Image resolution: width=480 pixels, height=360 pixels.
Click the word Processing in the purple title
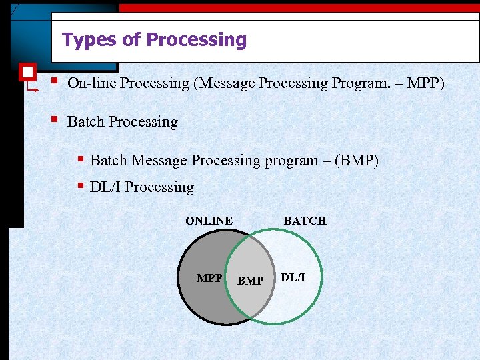[197, 41]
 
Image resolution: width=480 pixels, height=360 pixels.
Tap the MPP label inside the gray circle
[209, 278]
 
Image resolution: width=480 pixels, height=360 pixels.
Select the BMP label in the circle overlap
[250, 281]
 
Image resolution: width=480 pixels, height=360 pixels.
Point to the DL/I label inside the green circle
[293, 277]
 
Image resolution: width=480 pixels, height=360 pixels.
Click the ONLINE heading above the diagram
[209, 221]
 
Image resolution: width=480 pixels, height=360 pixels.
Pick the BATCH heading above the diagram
[305, 221]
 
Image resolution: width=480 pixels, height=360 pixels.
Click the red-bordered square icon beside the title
[27, 71]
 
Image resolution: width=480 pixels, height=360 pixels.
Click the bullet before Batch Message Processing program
[79, 159]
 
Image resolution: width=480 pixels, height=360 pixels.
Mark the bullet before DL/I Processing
[79, 186]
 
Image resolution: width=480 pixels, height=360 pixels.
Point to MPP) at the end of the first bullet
[425, 83]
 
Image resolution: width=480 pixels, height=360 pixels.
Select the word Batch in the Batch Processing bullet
[86, 122]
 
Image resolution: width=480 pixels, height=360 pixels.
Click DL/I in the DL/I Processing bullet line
[105, 187]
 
